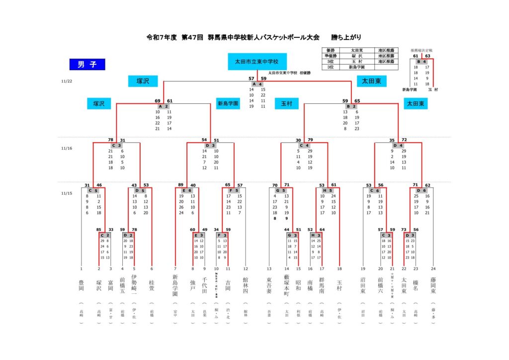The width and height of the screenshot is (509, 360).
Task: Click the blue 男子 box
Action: pyautogui.click(x=87, y=64)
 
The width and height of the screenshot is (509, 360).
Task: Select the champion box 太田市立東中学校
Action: pyautogui.click(x=257, y=62)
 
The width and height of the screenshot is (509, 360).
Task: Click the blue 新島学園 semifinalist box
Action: pyautogui.click(x=228, y=103)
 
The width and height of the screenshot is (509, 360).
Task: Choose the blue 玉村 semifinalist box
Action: pyautogui.click(x=286, y=103)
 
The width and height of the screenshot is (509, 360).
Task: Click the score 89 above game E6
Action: pyautogui.click(x=180, y=185)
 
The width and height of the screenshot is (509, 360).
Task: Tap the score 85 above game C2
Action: pyautogui.click(x=99, y=229)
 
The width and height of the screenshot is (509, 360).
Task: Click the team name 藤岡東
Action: pyautogui.click(x=433, y=285)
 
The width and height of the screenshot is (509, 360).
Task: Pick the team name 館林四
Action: pyautogui.click(x=245, y=285)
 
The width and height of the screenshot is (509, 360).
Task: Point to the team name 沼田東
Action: pyautogui.click(x=363, y=285)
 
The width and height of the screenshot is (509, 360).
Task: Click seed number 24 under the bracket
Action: pyautogui.click(x=433, y=269)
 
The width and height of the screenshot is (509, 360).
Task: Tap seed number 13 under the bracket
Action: pyautogui.click(x=269, y=269)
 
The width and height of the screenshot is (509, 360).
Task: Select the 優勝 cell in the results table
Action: pyautogui.click(x=331, y=50)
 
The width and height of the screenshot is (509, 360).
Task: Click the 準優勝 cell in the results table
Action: pyautogui.click(x=331, y=56)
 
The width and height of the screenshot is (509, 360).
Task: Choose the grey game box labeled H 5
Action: pyautogui.click(x=328, y=190)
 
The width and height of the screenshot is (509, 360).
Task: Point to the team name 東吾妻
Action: pyautogui.click(x=269, y=285)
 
